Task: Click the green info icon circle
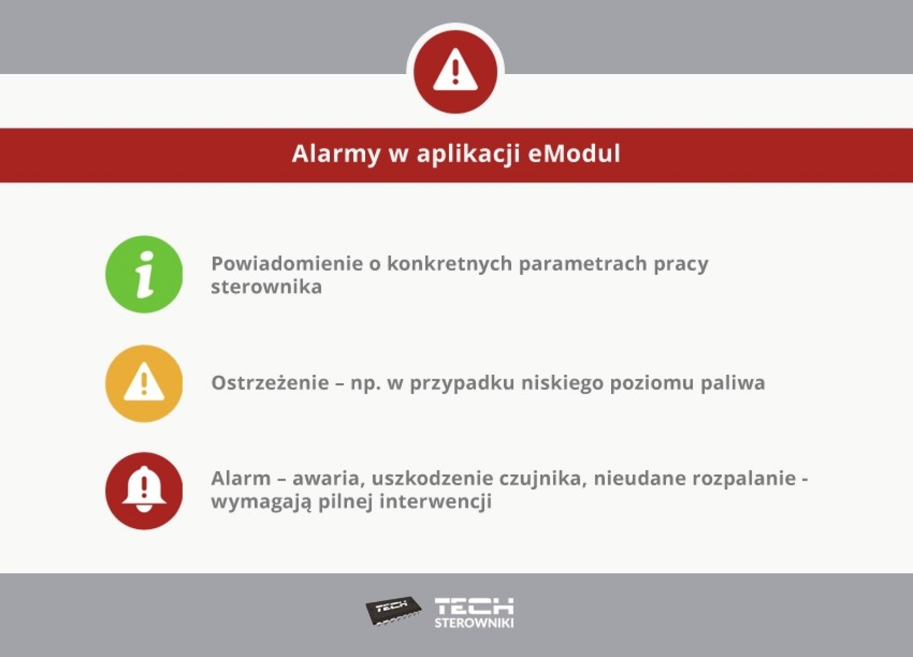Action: [x=144, y=274]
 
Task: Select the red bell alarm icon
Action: [x=144, y=491]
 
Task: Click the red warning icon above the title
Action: [x=455, y=72]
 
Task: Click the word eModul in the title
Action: [x=574, y=153]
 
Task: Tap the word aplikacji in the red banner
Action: [x=468, y=155]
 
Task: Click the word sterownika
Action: [x=266, y=287]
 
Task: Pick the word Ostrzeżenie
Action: [x=270, y=383]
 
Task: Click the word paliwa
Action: [x=733, y=383]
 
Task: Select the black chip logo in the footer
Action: [x=393, y=611]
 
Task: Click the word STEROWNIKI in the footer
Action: [x=474, y=623]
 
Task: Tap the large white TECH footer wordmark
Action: [x=474, y=606]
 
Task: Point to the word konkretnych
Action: [x=449, y=265]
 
